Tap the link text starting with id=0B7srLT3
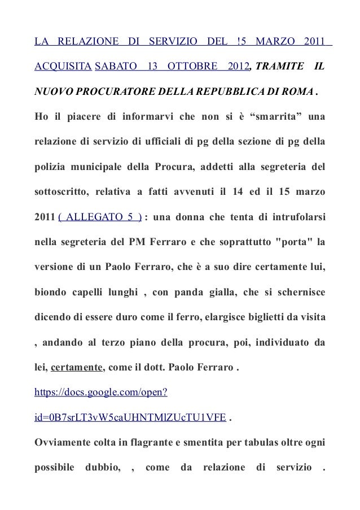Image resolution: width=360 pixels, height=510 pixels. tap(131, 415)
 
